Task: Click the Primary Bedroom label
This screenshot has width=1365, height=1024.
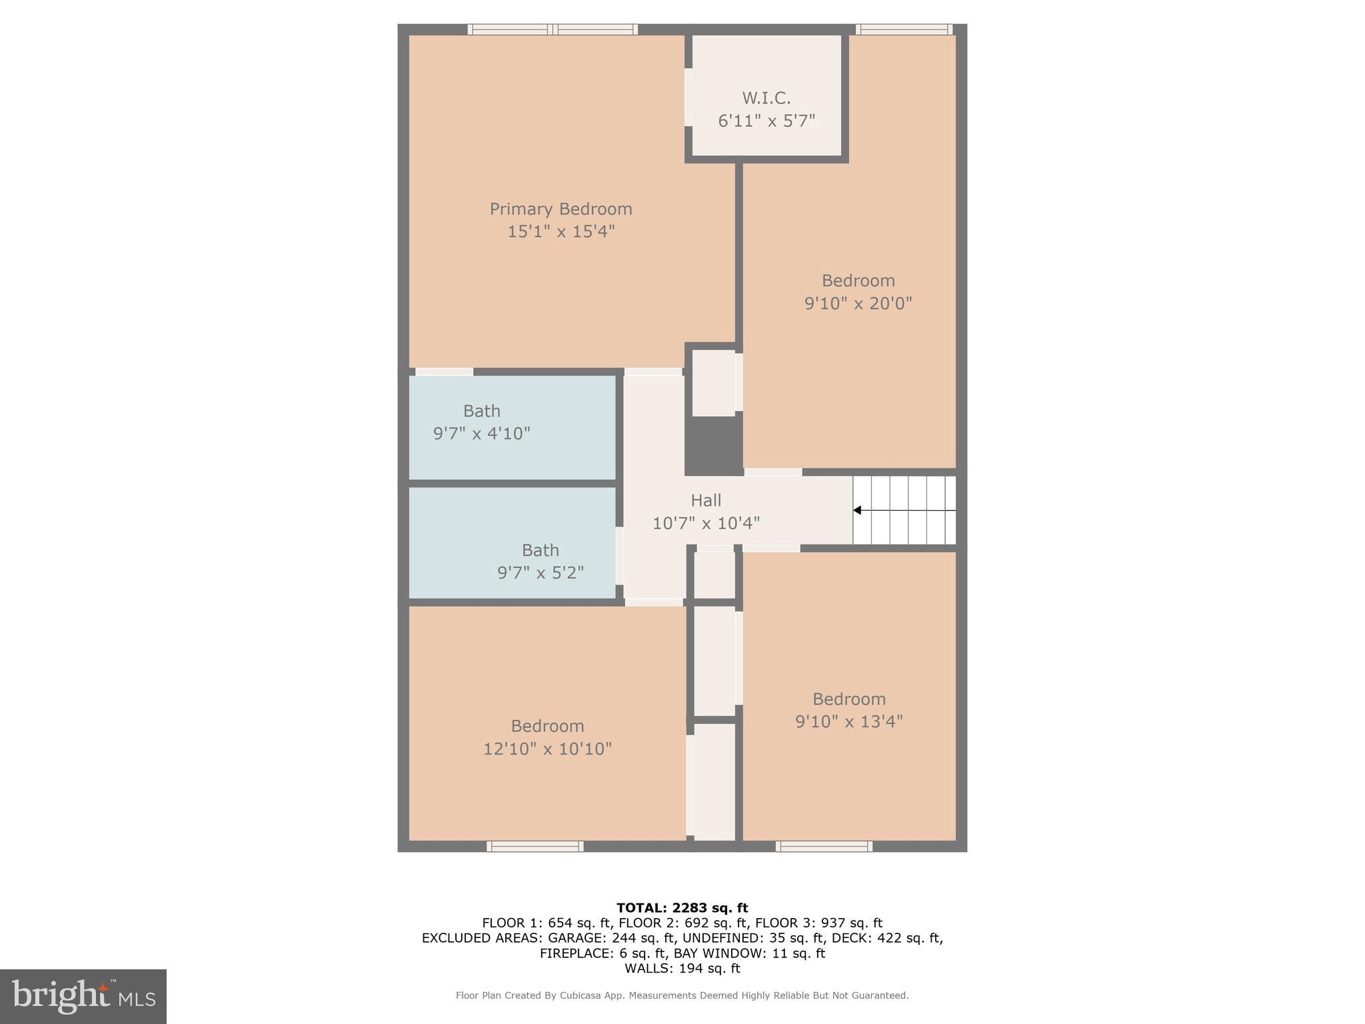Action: coord(561,209)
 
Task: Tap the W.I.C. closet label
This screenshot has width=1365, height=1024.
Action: coord(766,98)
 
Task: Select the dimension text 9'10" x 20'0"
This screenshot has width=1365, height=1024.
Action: coord(858,303)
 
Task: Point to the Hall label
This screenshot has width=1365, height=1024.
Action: coord(706,500)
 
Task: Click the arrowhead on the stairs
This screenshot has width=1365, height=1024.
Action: coord(858,511)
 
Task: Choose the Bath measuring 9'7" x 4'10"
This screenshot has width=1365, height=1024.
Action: coord(481,422)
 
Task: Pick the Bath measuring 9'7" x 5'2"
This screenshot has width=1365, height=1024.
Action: coord(540,561)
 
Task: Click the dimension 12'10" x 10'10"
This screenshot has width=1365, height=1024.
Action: coord(547,749)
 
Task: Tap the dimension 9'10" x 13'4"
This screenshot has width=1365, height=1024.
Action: coord(848,721)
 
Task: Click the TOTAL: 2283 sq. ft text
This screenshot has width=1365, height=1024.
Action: coord(682,907)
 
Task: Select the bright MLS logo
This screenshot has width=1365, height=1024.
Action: coord(83,996)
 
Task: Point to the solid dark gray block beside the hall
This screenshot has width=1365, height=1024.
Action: coord(713,443)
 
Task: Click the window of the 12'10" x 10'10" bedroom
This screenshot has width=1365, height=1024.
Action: coord(535,847)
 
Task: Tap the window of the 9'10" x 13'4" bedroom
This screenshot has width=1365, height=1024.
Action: coord(824,847)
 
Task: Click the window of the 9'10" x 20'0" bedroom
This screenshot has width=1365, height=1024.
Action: coord(904,29)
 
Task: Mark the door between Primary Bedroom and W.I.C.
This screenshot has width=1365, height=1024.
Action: coord(688,97)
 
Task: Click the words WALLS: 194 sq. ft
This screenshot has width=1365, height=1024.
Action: coord(682,968)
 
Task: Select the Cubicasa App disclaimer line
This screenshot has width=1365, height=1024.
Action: coord(682,995)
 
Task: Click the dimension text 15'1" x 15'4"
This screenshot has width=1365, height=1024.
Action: coord(561,231)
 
